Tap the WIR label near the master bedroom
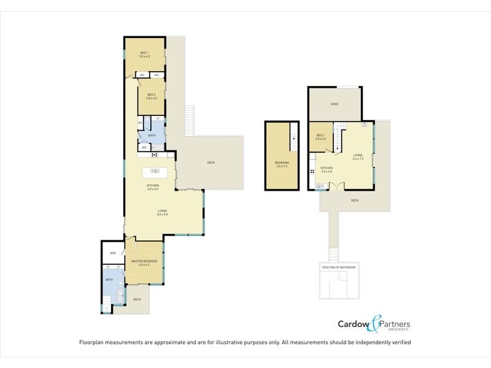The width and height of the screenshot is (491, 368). pos(113,253)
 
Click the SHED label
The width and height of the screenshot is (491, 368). pos(334,104)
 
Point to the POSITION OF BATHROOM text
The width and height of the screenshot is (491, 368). pos(338,268)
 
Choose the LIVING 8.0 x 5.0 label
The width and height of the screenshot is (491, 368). pos(162,212)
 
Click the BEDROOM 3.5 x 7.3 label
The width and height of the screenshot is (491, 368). pos(282,164)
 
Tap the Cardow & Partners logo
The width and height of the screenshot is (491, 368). pos(374,325)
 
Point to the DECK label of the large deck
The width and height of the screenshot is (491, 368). pos(211,163)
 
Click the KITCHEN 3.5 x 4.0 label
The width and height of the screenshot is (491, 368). pos(327,170)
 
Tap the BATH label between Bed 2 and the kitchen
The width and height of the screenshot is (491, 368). pos(152,136)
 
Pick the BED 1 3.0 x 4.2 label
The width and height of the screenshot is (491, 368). pos(145,55)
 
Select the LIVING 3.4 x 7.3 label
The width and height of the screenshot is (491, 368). pos(358,156)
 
